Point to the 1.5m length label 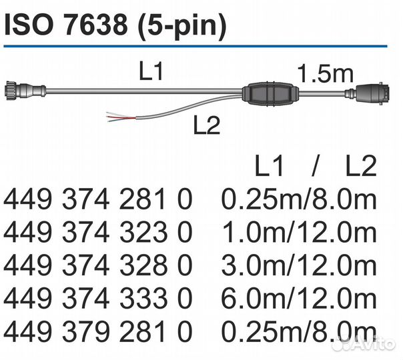click(324, 74)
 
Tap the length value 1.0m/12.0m click(298, 231)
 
